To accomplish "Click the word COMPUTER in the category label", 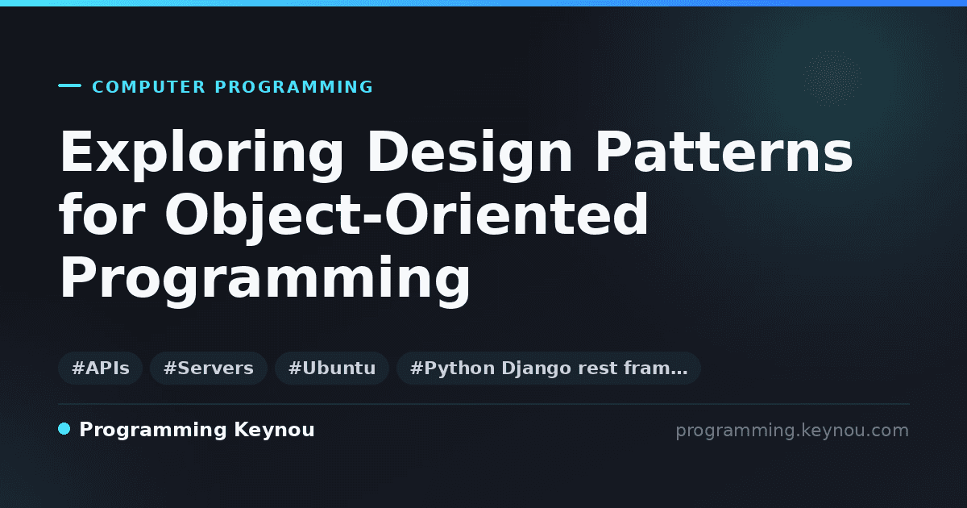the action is click(148, 87).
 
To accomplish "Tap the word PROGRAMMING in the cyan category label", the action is click(294, 87).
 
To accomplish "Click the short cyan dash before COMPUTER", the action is click(69, 85).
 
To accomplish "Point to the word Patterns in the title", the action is click(724, 152).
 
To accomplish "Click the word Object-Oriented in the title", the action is click(407, 218).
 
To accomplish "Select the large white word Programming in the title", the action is click(264, 280).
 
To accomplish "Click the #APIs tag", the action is click(101, 368).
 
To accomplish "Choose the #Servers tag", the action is click(209, 368).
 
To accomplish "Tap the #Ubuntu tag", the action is click(332, 368).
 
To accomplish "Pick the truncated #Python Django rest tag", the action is click(548, 368).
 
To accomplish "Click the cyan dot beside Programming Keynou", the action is click(64, 429).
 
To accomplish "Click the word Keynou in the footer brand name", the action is click(274, 429).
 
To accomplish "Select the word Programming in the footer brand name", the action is click(153, 431).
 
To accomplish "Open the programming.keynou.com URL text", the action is click(792, 431).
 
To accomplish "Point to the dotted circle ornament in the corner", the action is click(832, 78).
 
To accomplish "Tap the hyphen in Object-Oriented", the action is click(372, 219).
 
